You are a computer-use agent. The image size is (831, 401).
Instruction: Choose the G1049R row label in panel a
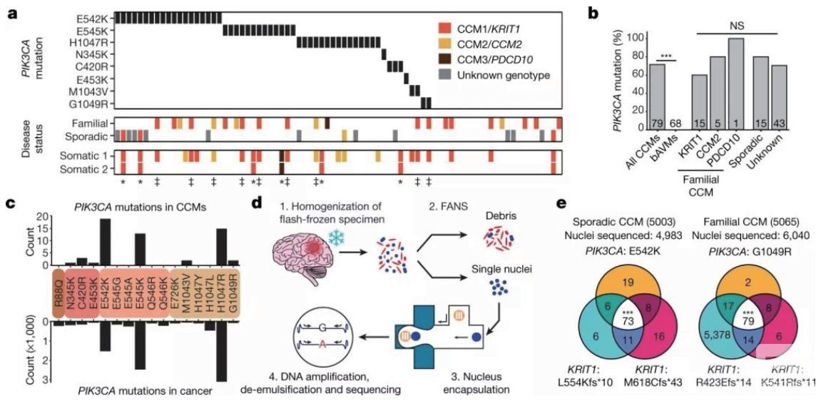coord(92,101)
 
